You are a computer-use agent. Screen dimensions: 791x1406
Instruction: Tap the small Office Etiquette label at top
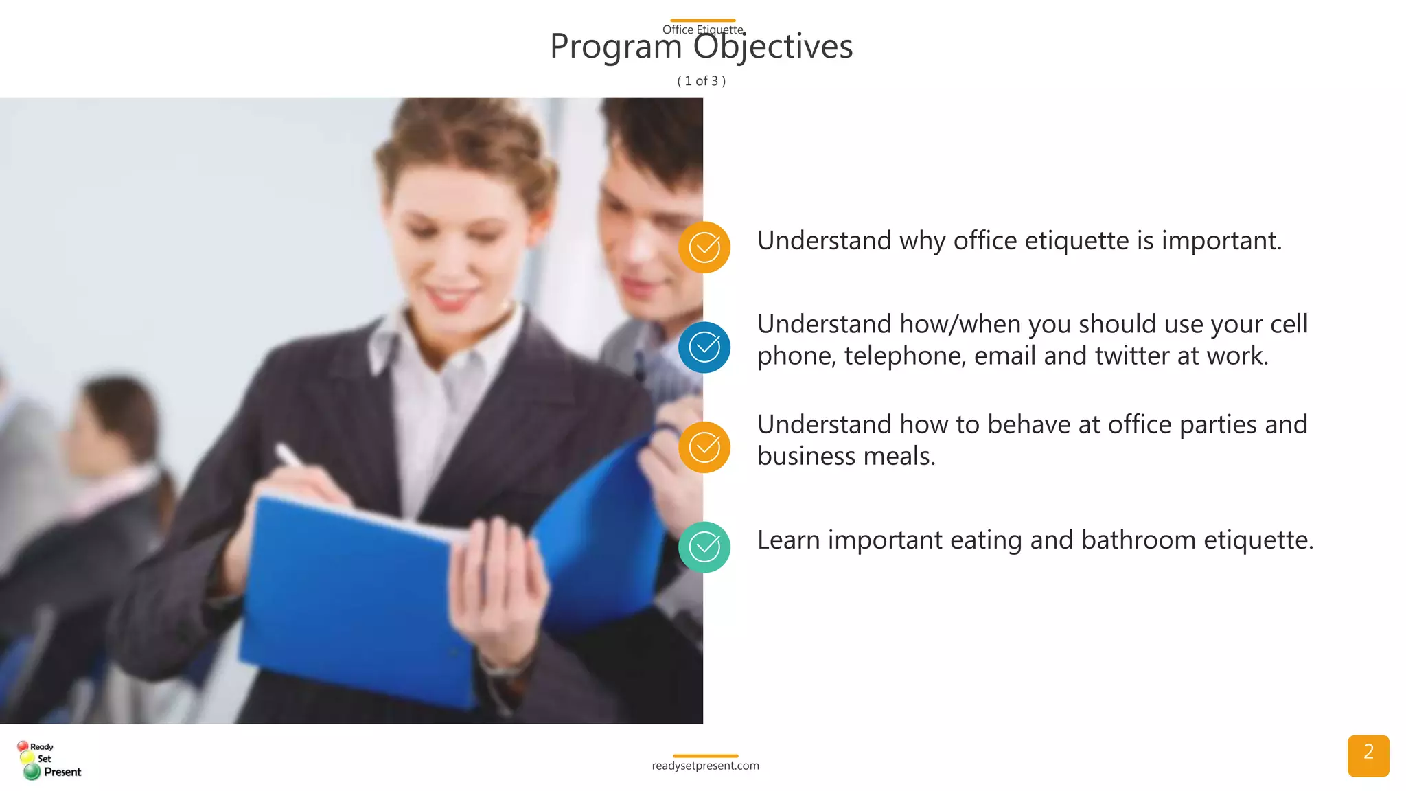pos(702,30)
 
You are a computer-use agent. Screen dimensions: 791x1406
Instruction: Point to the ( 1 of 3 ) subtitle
pos(701,81)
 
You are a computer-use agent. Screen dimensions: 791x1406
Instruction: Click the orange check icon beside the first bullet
pos(704,247)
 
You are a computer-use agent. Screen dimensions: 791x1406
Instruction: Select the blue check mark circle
pos(704,347)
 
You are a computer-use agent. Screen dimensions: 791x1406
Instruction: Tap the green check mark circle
pos(704,547)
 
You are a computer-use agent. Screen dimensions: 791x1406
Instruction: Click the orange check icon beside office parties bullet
pos(704,448)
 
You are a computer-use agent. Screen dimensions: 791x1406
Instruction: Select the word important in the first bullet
pos(1221,241)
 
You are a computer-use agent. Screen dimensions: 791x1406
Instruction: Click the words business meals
pos(846,456)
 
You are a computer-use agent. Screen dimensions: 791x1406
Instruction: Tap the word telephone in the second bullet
pos(905,356)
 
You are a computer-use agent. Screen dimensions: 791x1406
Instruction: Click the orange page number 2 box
pos(1368,755)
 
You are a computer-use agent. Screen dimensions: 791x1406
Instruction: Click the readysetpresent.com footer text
pos(705,766)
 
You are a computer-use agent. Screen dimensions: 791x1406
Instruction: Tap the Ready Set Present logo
pos(48,759)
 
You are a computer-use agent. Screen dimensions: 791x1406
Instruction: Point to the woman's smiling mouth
pos(450,297)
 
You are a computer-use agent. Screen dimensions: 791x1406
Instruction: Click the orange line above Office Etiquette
pos(702,21)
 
